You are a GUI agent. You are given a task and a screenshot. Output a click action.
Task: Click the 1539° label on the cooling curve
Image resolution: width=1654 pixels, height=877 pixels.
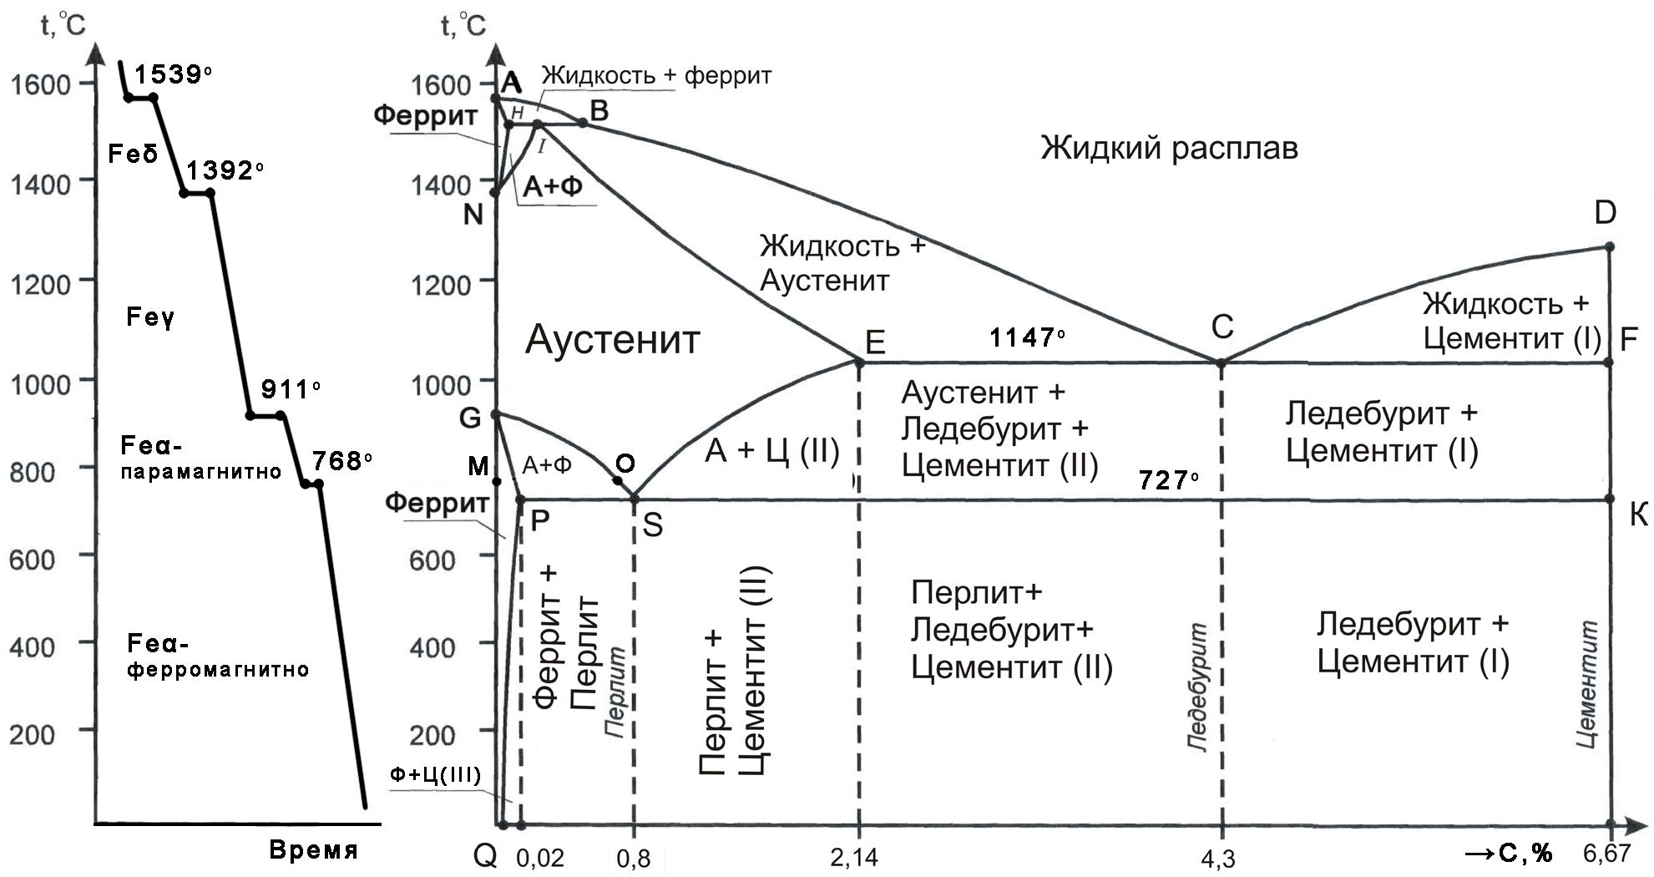(172, 74)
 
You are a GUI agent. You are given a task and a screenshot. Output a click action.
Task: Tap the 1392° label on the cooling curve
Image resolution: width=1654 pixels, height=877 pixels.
(224, 170)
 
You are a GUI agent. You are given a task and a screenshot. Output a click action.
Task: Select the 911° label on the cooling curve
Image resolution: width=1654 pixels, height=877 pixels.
(290, 389)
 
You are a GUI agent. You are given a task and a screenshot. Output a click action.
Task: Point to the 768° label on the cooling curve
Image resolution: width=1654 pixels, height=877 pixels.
(341, 460)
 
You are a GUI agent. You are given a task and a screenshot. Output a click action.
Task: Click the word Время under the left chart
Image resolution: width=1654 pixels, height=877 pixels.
(313, 850)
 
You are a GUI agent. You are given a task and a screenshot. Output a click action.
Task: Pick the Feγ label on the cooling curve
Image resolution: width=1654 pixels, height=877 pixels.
(150, 317)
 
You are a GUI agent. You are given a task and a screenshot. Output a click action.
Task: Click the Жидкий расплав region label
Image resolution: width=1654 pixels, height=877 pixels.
(1169, 149)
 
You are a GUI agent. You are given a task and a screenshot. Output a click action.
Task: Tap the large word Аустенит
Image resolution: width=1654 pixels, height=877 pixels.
(612, 340)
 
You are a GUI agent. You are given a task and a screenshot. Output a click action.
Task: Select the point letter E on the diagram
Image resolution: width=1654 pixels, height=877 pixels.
(875, 342)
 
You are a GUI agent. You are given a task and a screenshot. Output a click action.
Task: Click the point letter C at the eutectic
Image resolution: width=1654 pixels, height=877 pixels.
(1222, 327)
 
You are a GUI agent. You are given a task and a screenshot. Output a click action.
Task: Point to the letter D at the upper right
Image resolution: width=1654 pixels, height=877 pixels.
(1605, 213)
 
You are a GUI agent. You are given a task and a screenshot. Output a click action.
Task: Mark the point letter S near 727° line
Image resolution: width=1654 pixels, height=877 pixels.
(652, 525)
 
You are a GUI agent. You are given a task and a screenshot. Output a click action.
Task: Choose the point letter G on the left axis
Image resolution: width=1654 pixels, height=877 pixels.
(471, 417)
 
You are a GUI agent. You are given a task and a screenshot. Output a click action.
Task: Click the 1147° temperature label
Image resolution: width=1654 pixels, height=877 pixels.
(1026, 337)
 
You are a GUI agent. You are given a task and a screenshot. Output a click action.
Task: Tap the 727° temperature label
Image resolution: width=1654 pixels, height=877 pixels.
(1168, 479)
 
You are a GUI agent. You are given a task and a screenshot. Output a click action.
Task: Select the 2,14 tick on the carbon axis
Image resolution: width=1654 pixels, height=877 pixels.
(854, 857)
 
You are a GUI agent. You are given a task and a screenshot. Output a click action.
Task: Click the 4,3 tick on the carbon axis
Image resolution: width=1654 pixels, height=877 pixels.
(1220, 857)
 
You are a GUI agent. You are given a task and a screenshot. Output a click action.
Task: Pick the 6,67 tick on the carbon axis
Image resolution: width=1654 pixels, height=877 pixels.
(1606, 853)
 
